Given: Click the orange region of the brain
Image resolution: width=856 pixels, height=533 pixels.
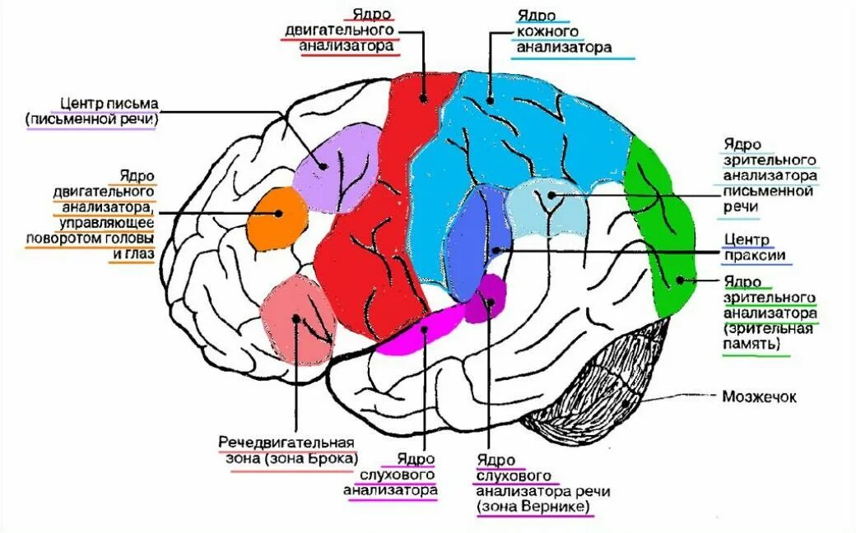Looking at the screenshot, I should pos(276,218).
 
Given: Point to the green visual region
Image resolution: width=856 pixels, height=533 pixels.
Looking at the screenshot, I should pos(663,230).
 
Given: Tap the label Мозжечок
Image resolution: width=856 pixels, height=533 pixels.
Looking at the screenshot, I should pos(759,396).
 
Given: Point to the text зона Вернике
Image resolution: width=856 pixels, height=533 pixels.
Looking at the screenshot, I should pos(534,507).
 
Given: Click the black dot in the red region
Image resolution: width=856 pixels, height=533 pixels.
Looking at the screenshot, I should pos(422,98).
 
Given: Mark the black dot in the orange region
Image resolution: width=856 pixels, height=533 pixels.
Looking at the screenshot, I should pos(279,213).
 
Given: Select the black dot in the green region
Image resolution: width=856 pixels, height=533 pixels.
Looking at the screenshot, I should pos(680,280).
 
